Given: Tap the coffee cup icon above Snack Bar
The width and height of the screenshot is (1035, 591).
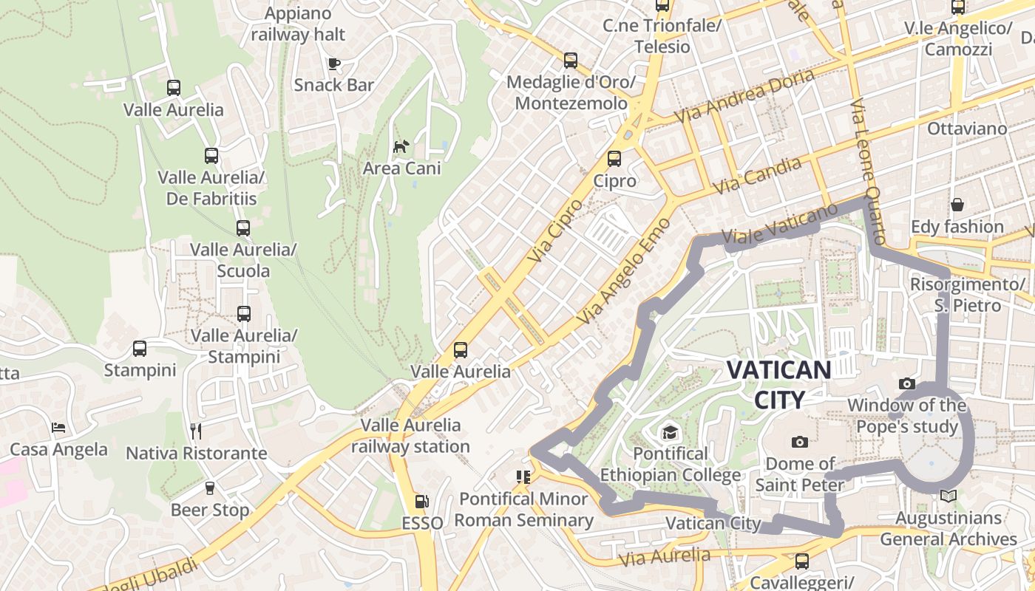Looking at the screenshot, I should point(334,64).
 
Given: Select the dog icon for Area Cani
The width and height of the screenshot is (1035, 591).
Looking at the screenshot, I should point(401,146).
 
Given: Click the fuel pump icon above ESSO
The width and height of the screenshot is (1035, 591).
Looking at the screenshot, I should point(421,502).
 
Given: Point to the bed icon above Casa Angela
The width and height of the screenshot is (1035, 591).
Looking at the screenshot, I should point(58,428).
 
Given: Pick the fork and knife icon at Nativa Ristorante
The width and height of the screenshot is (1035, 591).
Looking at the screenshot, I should point(196,431).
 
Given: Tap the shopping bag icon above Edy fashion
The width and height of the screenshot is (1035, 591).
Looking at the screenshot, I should point(957,205).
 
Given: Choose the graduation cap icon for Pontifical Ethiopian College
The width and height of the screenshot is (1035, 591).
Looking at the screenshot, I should point(670,431).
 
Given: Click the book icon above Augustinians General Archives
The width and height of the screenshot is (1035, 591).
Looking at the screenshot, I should point(949,496).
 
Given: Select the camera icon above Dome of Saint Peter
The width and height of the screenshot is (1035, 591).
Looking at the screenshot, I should point(799,442).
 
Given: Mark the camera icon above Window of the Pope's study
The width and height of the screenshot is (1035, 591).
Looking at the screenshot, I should point(906,383).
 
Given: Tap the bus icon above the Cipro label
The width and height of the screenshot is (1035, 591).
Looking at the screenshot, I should point(614,159).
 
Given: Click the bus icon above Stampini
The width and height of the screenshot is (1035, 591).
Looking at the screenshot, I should point(140,348).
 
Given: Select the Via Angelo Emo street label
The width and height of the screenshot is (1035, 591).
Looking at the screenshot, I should point(625,271).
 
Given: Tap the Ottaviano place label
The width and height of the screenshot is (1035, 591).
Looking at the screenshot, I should point(967,129).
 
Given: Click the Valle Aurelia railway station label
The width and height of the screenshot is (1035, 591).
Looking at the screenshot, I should point(410,436).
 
